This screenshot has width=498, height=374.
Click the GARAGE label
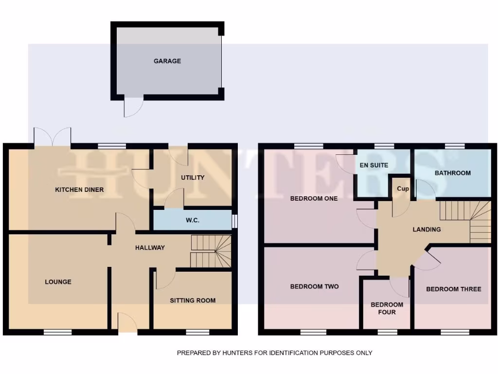pyautogui.click(x=167, y=61)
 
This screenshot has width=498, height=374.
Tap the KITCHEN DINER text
pyautogui.click(x=79, y=189)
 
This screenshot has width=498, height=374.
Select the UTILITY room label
pyautogui.click(x=193, y=178)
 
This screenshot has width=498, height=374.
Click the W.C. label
pyautogui.click(x=193, y=220)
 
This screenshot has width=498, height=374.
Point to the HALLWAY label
pyautogui.click(x=150, y=247)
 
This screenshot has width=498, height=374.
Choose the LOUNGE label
pyautogui.click(x=58, y=281)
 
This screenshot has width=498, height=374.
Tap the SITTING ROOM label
pyautogui.click(x=193, y=300)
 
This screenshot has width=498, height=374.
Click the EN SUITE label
pyautogui.click(x=374, y=165)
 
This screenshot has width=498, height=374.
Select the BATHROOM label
pyautogui.click(x=452, y=173)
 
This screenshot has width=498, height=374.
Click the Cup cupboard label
pyautogui.click(x=403, y=188)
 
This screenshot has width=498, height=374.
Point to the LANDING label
pyautogui.click(x=427, y=229)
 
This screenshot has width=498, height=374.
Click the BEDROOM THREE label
pyautogui.click(x=453, y=289)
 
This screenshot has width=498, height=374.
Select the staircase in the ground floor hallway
pyautogui.click(x=210, y=251)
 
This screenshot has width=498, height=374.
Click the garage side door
pyautogui.click(x=133, y=107)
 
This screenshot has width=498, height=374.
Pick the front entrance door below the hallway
pyautogui.click(x=128, y=323)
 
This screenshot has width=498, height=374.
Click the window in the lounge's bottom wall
pyautogui.click(x=58, y=332)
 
